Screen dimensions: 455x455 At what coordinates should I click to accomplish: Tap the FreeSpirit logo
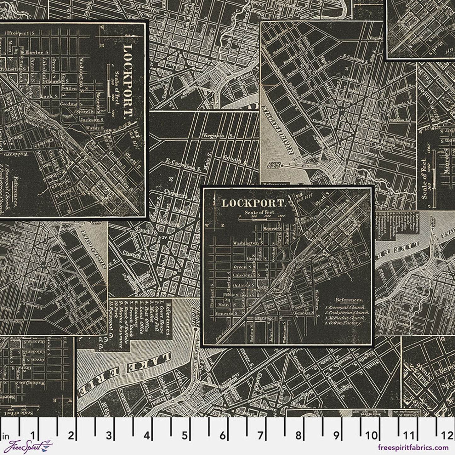pos(26,447)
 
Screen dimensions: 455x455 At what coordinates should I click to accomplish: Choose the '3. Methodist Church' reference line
pos(345,318)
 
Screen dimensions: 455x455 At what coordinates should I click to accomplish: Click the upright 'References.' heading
pos(349,300)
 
